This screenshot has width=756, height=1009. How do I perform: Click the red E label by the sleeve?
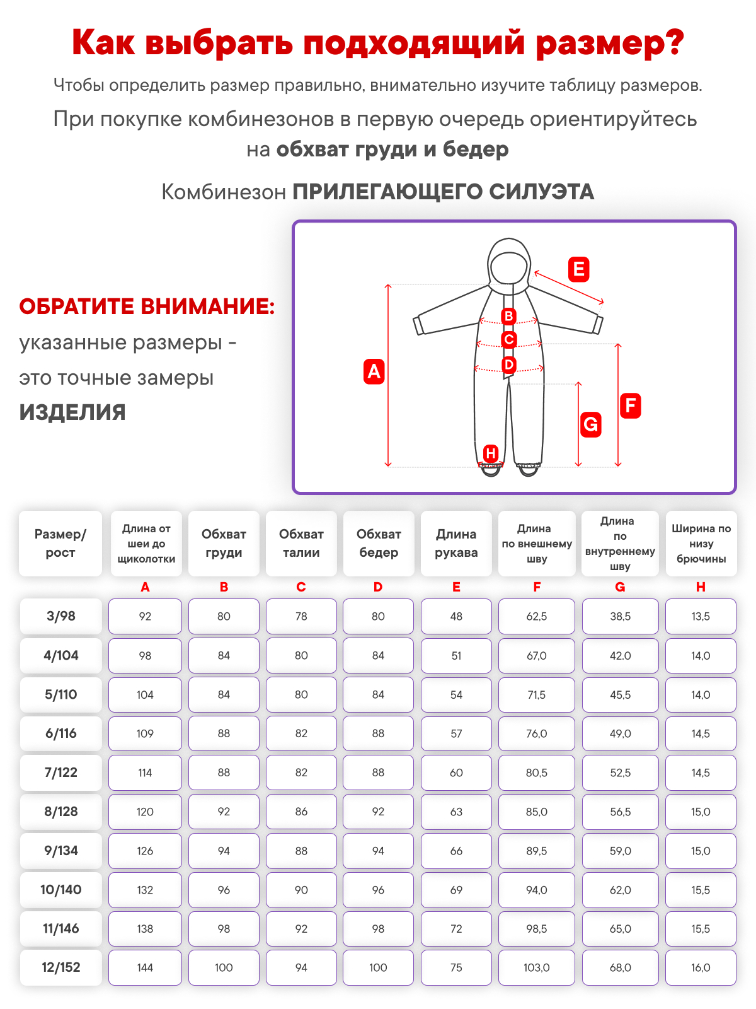pyautogui.click(x=578, y=269)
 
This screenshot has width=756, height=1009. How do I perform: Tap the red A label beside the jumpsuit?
pyautogui.click(x=374, y=371)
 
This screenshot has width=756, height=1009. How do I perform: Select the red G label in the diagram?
pyautogui.click(x=590, y=424)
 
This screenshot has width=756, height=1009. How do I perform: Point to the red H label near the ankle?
pyautogui.click(x=491, y=453)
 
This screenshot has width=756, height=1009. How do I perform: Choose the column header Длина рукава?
pyautogui.click(x=456, y=544)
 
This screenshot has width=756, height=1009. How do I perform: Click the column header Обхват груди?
pyautogui.click(x=224, y=544)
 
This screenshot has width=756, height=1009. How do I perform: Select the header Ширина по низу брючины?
pyautogui.click(x=701, y=544)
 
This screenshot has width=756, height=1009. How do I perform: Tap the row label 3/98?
pyautogui.click(x=60, y=616)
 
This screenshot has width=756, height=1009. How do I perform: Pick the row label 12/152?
pyautogui.click(x=60, y=967)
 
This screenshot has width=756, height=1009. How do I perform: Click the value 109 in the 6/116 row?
pyautogui.click(x=145, y=733)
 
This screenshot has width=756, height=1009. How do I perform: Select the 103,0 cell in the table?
pyautogui.click(x=537, y=967)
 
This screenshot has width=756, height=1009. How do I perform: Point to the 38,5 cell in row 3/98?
pyautogui.click(x=620, y=616)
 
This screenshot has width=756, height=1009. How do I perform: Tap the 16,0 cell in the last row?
pyautogui.click(x=701, y=967)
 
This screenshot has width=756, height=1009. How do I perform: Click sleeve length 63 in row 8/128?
pyautogui.click(x=456, y=812)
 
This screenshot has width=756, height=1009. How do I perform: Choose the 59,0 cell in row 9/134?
pyautogui.click(x=620, y=851)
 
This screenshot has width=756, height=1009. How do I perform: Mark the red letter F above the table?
pyautogui.click(x=537, y=587)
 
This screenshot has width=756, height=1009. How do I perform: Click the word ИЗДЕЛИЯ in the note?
pyautogui.click(x=72, y=412)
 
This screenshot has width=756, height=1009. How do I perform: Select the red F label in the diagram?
pyautogui.click(x=630, y=405)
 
